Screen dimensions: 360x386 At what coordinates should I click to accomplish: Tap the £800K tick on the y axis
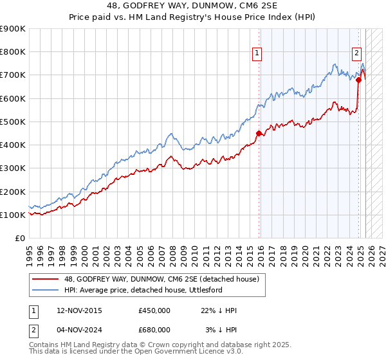13,52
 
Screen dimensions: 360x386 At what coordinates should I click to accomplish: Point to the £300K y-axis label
13,168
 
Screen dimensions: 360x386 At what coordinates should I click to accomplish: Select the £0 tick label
19,239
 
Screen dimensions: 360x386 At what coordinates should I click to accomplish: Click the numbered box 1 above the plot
257,54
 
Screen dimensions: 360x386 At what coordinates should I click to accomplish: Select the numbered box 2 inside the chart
356,54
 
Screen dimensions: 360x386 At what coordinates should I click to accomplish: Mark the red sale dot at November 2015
259,134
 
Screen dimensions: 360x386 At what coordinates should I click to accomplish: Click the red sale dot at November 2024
359,80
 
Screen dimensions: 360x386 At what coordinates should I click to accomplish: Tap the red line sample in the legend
45,279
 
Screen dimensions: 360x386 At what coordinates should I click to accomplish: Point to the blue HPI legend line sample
45,290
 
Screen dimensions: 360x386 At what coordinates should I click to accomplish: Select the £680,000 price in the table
154,329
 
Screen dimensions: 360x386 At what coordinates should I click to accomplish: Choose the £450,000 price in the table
154,311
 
